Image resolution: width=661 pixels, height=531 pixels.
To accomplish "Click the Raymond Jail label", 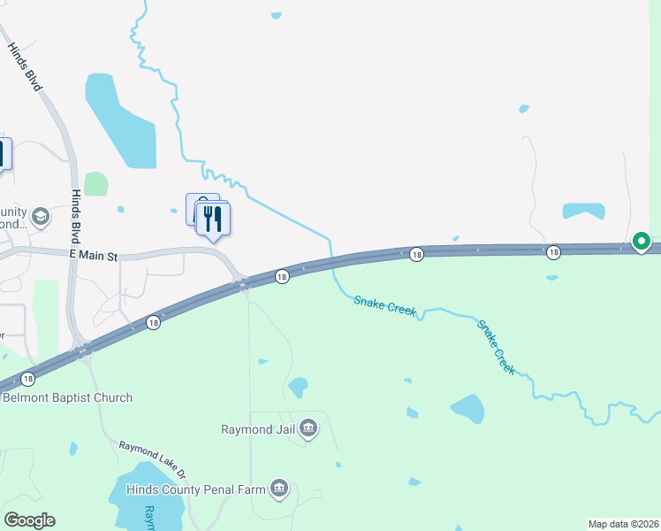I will pyautogui.click(x=258, y=430).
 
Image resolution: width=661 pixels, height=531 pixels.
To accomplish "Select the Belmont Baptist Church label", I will pyautogui.click(x=67, y=397).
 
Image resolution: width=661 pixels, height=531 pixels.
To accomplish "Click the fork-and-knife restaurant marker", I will pyautogui.click(x=212, y=218).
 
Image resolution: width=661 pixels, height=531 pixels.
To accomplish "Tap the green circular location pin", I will pyautogui.click(x=642, y=241).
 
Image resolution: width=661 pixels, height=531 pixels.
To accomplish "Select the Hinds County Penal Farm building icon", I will pyautogui.click(x=280, y=489).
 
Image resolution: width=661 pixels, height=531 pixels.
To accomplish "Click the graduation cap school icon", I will pyautogui.click(x=40, y=216).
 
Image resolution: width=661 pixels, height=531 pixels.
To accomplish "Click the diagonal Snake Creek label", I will pyautogui.click(x=496, y=346).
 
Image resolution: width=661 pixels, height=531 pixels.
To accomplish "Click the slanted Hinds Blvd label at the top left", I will pyautogui.click(x=26, y=67).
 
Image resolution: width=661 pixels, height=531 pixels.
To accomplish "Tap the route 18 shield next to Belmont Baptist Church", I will pyautogui.click(x=28, y=379).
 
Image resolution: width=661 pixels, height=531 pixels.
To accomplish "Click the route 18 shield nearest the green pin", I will pyautogui.click(x=553, y=253).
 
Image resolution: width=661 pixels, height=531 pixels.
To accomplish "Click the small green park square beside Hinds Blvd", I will pyautogui.click(x=95, y=184).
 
